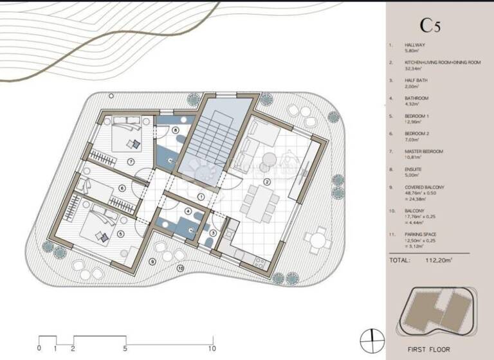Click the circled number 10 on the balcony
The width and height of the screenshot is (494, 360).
(180, 268)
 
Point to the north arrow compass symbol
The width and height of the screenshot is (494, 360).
(369, 337)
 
